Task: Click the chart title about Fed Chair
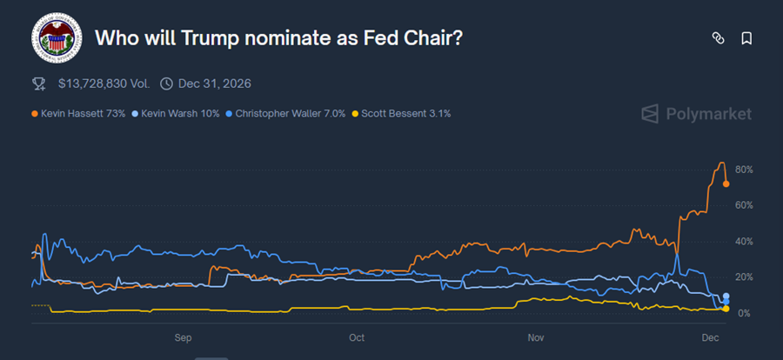coord(278,39)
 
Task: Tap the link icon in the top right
coord(718,38)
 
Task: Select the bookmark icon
coord(746,38)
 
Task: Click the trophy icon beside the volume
coord(39,83)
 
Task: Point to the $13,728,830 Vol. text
coord(104,83)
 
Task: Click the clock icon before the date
coord(166,83)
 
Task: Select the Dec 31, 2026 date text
coord(216,83)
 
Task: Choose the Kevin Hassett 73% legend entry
coord(79,113)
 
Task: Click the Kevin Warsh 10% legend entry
coord(180,113)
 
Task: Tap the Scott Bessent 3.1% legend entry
coord(401,113)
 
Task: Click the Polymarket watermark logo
coord(696,114)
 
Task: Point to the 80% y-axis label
coord(744,170)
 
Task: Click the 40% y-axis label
coord(744,241)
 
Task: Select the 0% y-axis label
coord(746,313)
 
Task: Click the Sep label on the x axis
coord(183,336)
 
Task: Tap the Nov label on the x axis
coord(536,336)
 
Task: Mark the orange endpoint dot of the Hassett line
coord(726,183)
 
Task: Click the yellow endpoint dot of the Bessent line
coord(726,309)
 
